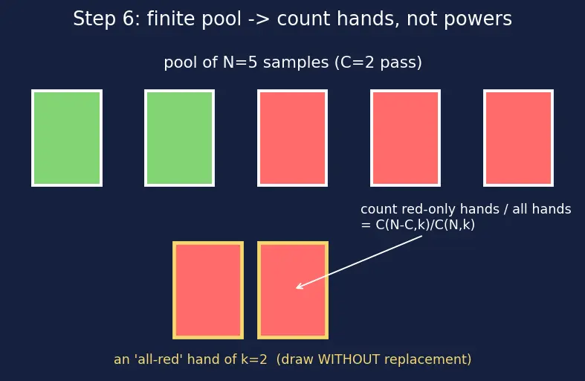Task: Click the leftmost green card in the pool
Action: tap(67, 138)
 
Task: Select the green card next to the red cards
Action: tap(179, 138)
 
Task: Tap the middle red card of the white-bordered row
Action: tap(406, 138)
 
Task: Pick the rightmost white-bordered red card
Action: tap(518, 138)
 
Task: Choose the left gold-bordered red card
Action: tap(208, 290)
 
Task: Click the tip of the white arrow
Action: tap(296, 288)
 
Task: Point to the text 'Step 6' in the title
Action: tap(106, 19)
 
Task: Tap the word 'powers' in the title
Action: tap(477, 19)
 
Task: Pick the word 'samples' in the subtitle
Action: tap(296, 63)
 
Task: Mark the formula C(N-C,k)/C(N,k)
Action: tap(425, 225)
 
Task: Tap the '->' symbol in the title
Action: tap(259, 19)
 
